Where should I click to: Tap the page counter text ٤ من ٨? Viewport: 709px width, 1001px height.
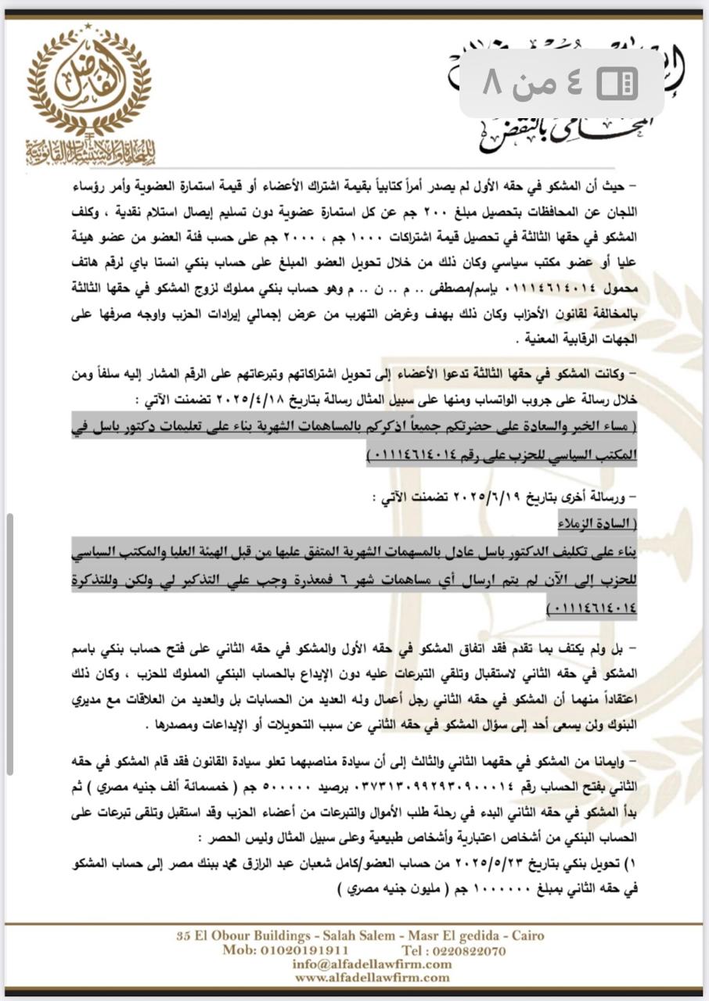tap(532, 82)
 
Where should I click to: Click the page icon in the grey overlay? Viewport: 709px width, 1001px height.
tap(617, 82)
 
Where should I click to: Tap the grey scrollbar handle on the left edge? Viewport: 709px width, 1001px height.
tap(9, 633)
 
